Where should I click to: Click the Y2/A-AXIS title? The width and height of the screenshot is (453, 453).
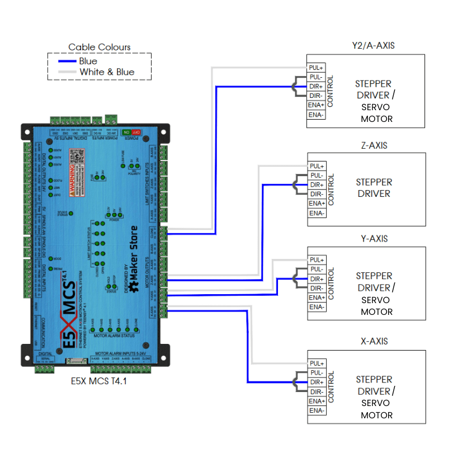[x=373, y=45]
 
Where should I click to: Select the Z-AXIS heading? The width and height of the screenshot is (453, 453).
[x=374, y=145]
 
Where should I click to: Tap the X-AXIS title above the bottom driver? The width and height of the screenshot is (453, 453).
[x=374, y=341]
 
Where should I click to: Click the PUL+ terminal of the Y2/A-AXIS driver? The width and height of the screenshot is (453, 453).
[x=316, y=68]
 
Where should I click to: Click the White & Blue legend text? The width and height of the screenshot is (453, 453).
[x=107, y=72]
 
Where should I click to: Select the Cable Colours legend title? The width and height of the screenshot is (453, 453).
[x=100, y=47]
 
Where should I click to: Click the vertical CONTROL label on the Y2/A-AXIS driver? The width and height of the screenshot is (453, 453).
[x=331, y=91]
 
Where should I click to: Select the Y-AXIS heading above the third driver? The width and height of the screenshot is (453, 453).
[x=374, y=239]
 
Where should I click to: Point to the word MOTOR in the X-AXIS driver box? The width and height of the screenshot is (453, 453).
[x=376, y=415]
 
